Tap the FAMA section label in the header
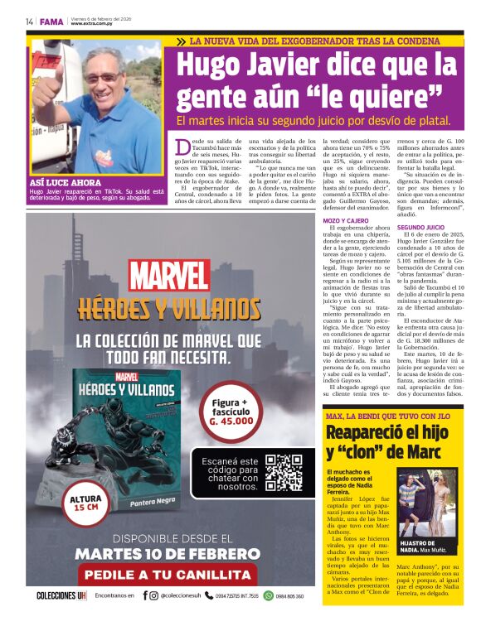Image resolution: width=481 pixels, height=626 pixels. coord(51,21)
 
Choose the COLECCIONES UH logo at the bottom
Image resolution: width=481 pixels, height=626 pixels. coord(60,595)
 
